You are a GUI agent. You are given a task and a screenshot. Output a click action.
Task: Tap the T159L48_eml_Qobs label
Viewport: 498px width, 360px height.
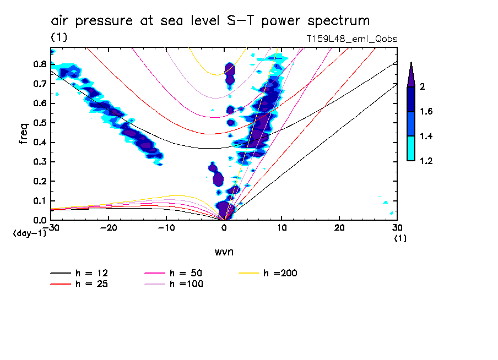point(351,39)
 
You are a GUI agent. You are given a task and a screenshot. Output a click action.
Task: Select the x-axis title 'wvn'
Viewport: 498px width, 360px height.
point(224,252)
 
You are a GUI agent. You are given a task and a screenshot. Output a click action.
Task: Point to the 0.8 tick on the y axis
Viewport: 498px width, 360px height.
point(39,64)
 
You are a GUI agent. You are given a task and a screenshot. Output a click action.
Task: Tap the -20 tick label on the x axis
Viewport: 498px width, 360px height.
point(109,228)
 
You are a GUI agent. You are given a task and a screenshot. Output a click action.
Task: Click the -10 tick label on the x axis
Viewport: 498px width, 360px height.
point(166,228)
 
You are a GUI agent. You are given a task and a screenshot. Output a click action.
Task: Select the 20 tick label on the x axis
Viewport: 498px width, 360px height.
point(339,228)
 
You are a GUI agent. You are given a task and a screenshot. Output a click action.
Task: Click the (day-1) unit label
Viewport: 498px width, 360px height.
point(29,233)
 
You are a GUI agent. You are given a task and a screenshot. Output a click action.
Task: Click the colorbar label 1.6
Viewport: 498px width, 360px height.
point(426,112)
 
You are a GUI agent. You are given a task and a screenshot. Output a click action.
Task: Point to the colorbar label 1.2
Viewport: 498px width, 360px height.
point(426,161)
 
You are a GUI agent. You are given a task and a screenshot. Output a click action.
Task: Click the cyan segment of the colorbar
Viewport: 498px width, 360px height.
point(411,148)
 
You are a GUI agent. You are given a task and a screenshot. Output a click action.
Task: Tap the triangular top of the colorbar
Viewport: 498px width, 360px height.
point(411,75)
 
